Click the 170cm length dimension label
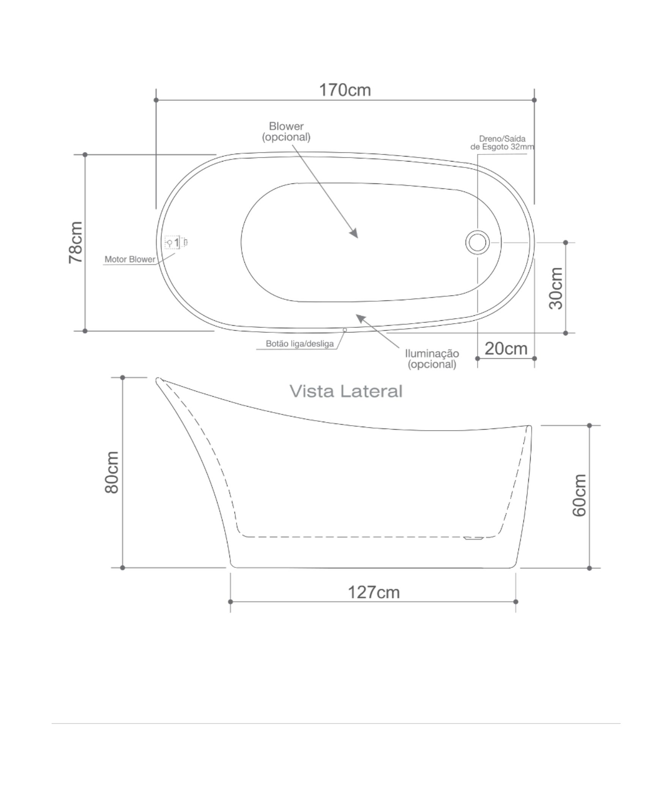pos(345,90)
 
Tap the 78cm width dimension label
pos(76,242)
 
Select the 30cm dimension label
pos(556,288)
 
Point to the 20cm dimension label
pos(506,348)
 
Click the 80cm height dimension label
pos(112,472)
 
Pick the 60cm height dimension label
pos(579,495)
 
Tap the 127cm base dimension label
pos(373,592)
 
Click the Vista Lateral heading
pos(346,391)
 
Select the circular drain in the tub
pos(477,242)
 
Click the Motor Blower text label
pos(130,259)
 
